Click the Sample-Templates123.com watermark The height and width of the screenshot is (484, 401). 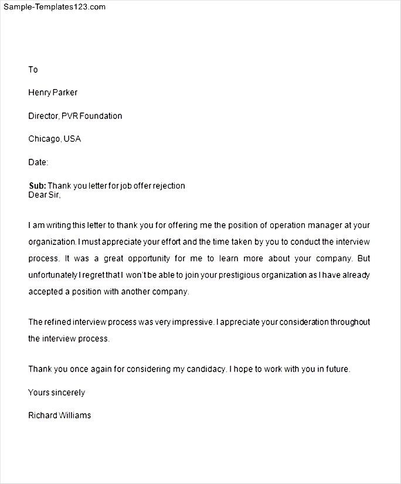[x=55, y=7]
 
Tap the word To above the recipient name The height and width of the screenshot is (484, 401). [x=33, y=70]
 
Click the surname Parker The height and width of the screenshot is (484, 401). [x=66, y=93]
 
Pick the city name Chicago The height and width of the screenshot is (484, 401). [x=44, y=139]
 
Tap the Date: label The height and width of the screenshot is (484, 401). [x=38, y=162]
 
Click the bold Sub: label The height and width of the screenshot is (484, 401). [x=38, y=186]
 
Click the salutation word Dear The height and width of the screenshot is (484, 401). [x=37, y=195]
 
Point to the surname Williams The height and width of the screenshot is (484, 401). [x=76, y=415]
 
